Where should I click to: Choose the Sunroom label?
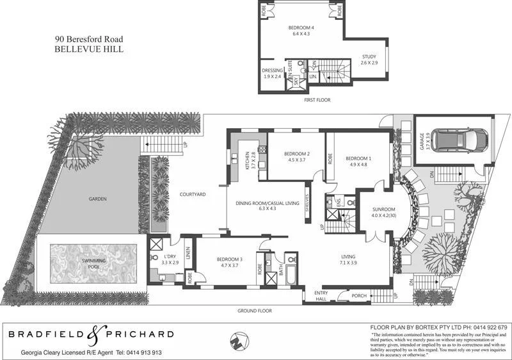pyautogui.click(x=384, y=209)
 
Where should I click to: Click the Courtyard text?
pyautogui.click(x=192, y=194)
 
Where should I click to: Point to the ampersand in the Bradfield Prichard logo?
pyautogui.click(x=93, y=333)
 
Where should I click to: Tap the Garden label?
pyautogui.click(x=97, y=199)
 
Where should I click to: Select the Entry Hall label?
pyautogui.click(x=320, y=296)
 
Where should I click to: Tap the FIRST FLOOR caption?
pyautogui.click(x=317, y=101)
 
